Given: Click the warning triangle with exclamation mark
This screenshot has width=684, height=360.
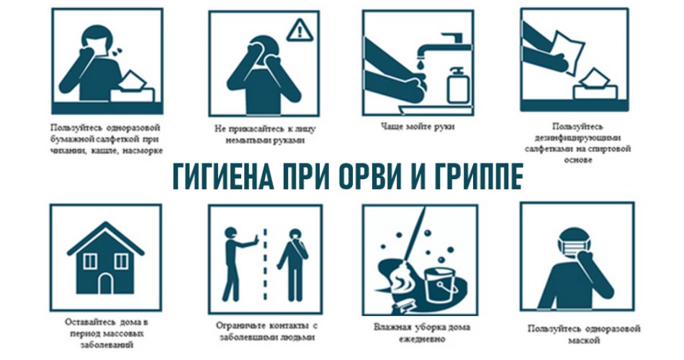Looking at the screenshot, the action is click(x=300, y=30).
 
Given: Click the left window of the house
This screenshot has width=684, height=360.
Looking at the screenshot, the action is click(x=90, y=261).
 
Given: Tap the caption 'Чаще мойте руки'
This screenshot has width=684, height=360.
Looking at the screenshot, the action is click(x=418, y=127).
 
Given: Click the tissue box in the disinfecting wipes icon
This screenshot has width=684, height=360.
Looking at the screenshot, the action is click(x=595, y=85).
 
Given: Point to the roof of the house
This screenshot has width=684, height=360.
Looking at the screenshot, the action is click(x=105, y=238).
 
